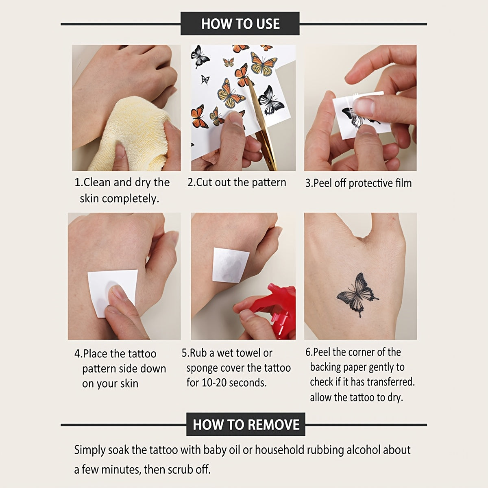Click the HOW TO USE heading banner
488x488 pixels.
[240, 24]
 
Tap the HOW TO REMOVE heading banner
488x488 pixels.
[246, 425]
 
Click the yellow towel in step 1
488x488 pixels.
[132, 134]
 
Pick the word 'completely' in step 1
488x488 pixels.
[131, 199]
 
